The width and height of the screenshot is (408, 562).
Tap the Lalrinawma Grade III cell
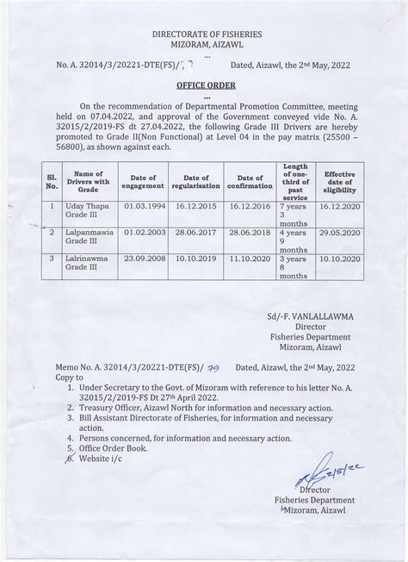(x=89, y=263)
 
